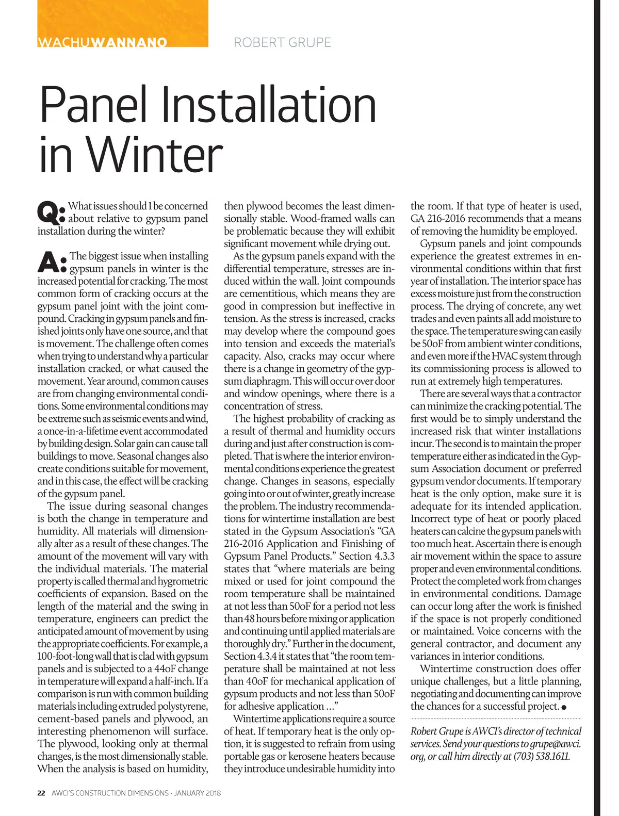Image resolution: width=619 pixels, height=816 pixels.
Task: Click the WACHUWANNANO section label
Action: pos(102,42)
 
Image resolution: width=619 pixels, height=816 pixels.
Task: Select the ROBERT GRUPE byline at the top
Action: pos(282,42)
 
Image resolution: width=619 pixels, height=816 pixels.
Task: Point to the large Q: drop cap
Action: pos(51,211)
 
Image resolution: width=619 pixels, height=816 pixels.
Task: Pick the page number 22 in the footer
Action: pos(41,793)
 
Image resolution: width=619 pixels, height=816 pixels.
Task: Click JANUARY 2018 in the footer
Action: pos(198,793)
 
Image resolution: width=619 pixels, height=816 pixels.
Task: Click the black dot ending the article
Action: pos(564,707)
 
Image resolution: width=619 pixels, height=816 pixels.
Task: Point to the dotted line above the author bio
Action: pos(496,719)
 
